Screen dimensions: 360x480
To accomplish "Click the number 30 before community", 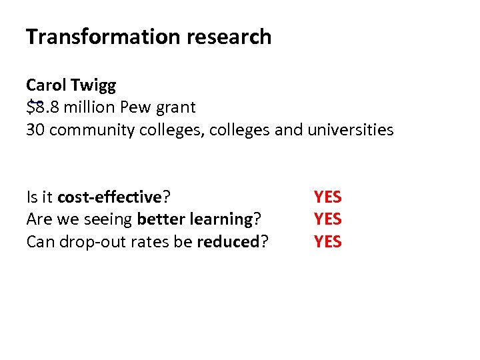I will (35, 129).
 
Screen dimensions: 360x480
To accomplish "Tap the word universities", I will (351, 129).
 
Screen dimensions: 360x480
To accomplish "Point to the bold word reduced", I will (227, 241).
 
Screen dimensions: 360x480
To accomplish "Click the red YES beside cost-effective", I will (327, 197).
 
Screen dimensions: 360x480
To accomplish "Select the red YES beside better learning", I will (327, 219).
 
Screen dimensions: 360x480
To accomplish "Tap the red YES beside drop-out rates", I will (327, 241).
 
